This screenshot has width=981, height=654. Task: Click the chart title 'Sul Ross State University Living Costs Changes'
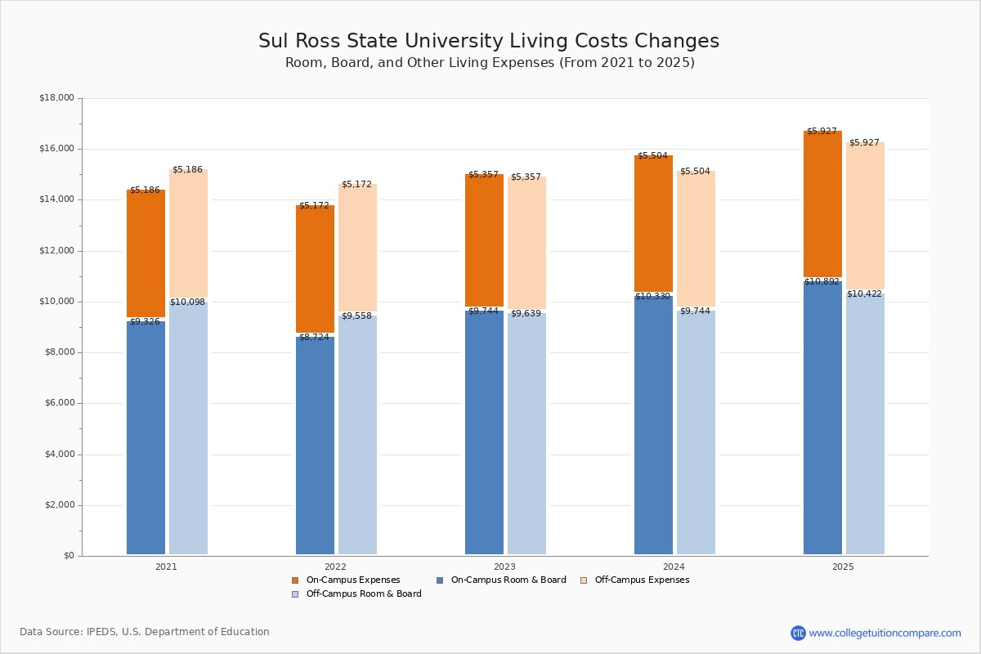pyautogui.click(x=489, y=41)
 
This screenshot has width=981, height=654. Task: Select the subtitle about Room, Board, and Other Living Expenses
pyautogui.click(x=490, y=63)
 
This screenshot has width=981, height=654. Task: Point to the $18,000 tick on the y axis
pyautogui.click(x=56, y=98)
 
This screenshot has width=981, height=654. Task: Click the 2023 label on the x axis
pyautogui.click(x=504, y=567)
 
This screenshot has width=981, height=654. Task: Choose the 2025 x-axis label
pyautogui.click(x=843, y=567)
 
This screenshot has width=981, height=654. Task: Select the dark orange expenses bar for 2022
pyautogui.click(x=315, y=269)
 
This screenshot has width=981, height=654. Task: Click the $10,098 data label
pyautogui.click(x=187, y=302)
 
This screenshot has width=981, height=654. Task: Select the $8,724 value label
pyautogui.click(x=314, y=337)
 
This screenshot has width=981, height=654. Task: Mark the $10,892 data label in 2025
pyautogui.click(x=822, y=282)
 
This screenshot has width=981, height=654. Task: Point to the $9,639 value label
pyautogui.click(x=526, y=314)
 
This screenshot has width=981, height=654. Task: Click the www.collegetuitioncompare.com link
pyautogui.click(x=885, y=633)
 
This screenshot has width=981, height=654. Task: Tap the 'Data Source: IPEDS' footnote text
pyautogui.click(x=145, y=632)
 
